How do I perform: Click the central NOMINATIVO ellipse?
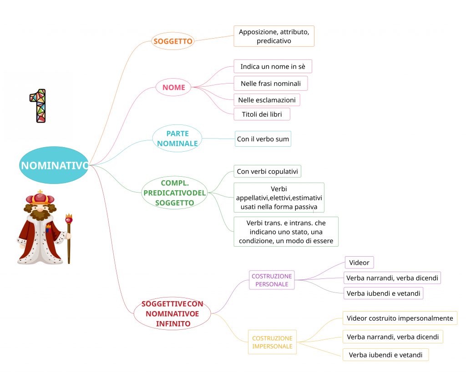click(x=54, y=165)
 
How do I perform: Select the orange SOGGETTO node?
click(x=173, y=41)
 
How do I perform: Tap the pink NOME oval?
click(x=173, y=87)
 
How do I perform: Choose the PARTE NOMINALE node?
click(x=177, y=139)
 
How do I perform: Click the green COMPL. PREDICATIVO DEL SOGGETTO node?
click(x=174, y=193)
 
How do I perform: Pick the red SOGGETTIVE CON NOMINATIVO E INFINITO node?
click(x=172, y=313)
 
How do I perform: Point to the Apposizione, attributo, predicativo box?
click(x=274, y=36)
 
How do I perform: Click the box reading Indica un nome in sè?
click(x=273, y=66)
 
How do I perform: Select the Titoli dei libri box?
click(x=262, y=114)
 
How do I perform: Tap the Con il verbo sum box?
click(x=263, y=139)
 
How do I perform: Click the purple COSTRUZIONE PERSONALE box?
click(x=272, y=280)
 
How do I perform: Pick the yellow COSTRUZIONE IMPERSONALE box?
click(x=272, y=342)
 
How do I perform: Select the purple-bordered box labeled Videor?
click(x=359, y=263)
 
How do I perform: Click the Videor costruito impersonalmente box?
click(x=400, y=318)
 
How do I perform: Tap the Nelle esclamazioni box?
click(x=267, y=100)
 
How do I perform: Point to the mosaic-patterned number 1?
click(x=38, y=105)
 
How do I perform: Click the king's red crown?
click(x=40, y=198)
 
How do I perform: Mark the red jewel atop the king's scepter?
click(x=69, y=219)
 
